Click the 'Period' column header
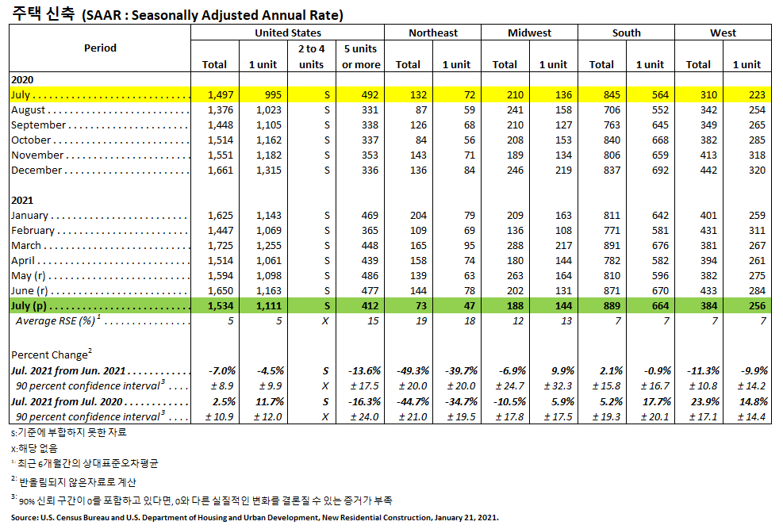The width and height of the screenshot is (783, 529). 100,48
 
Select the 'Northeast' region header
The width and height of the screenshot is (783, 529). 432,33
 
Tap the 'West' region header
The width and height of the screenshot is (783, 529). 723,33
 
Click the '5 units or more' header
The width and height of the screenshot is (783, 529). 361,56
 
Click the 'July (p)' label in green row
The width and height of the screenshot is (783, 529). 31,305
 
